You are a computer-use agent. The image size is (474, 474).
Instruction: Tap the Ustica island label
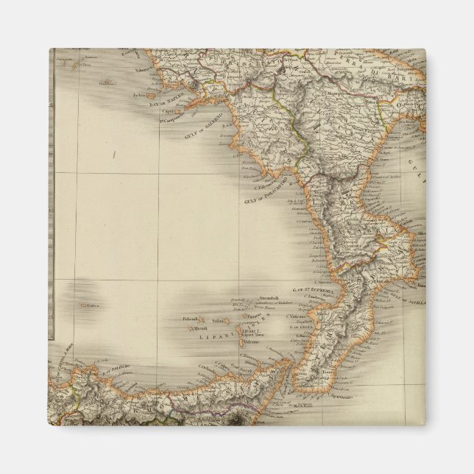[93, 305]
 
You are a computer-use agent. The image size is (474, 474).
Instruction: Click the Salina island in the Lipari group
[219, 321]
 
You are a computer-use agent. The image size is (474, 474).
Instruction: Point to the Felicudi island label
[194, 319]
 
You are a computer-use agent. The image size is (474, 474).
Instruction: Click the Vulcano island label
[251, 342]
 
